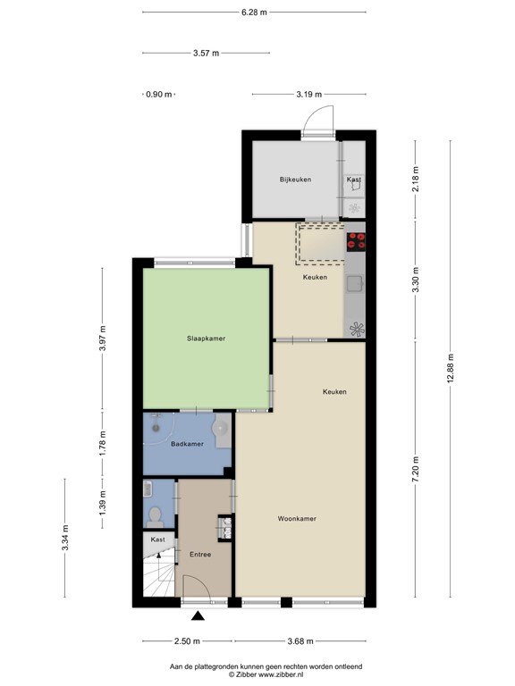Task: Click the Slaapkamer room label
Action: [x=206, y=339]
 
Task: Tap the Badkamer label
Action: [x=187, y=444]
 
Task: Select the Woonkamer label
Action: [x=297, y=518]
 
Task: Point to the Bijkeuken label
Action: [x=296, y=180]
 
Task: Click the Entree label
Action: [x=200, y=555]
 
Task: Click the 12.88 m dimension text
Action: [x=451, y=368]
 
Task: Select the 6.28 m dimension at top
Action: [x=254, y=13]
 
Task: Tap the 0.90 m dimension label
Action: [x=159, y=94]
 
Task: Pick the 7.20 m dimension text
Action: [x=416, y=469]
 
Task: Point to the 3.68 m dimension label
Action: [x=300, y=641]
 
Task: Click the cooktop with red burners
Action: [x=356, y=241]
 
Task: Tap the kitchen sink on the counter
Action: [x=355, y=284]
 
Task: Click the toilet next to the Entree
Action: [x=154, y=517]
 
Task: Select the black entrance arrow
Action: [x=198, y=616]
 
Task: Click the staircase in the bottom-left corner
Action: [x=159, y=573]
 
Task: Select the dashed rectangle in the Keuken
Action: [x=321, y=244]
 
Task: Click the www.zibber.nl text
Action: [x=280, y=674]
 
